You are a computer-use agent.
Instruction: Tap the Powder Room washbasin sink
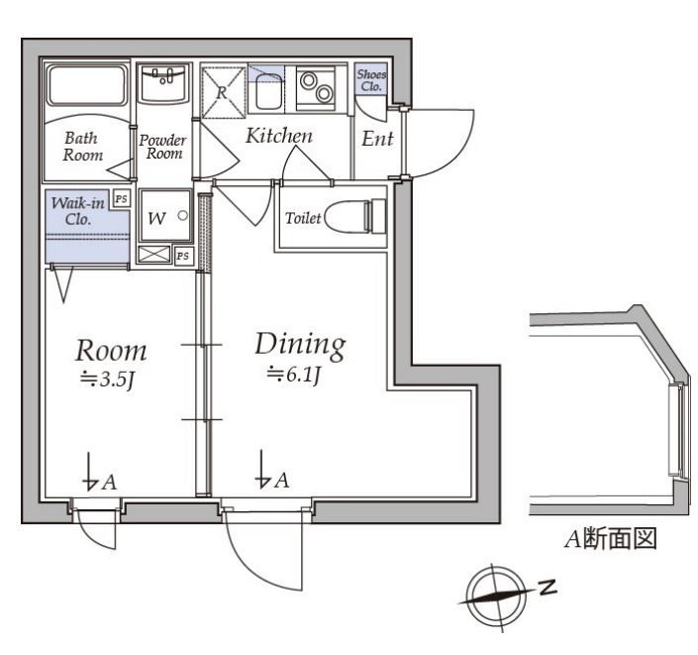click(x=162, y=83)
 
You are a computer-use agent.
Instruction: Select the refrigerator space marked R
click(x=223, y=89)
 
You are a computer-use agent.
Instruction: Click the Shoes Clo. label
click(x=371, y=80)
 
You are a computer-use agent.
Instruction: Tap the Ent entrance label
click(x=377, y=140)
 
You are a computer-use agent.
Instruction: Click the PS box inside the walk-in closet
click(x=121, y=198)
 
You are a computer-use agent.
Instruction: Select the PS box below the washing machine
click(x=182, y=256)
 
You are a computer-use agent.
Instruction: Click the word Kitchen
click(x=279, y=136)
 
